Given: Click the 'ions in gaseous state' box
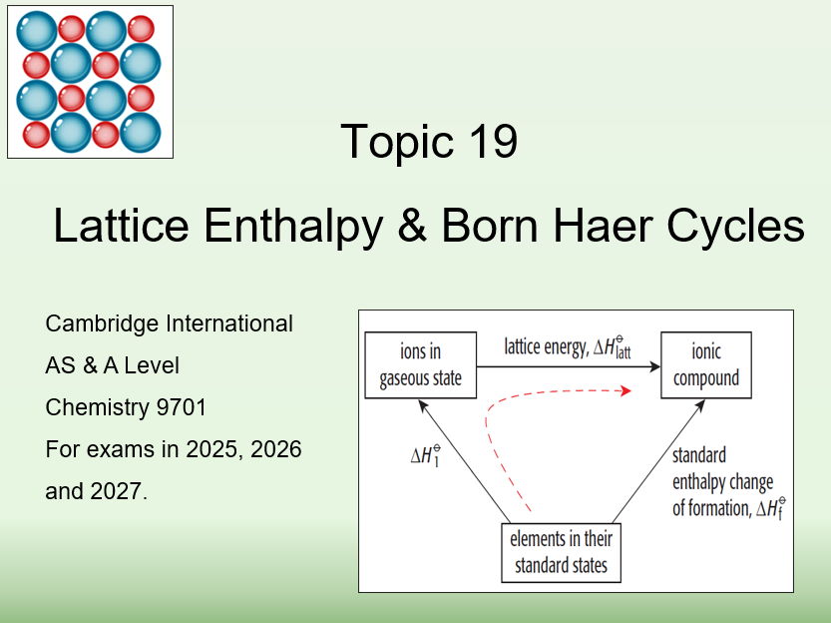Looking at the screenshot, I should click(x=420, y=365).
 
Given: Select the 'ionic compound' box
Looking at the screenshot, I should click(x=706, y=365).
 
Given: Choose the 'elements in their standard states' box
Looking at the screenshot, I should click(x=561, y=553).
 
